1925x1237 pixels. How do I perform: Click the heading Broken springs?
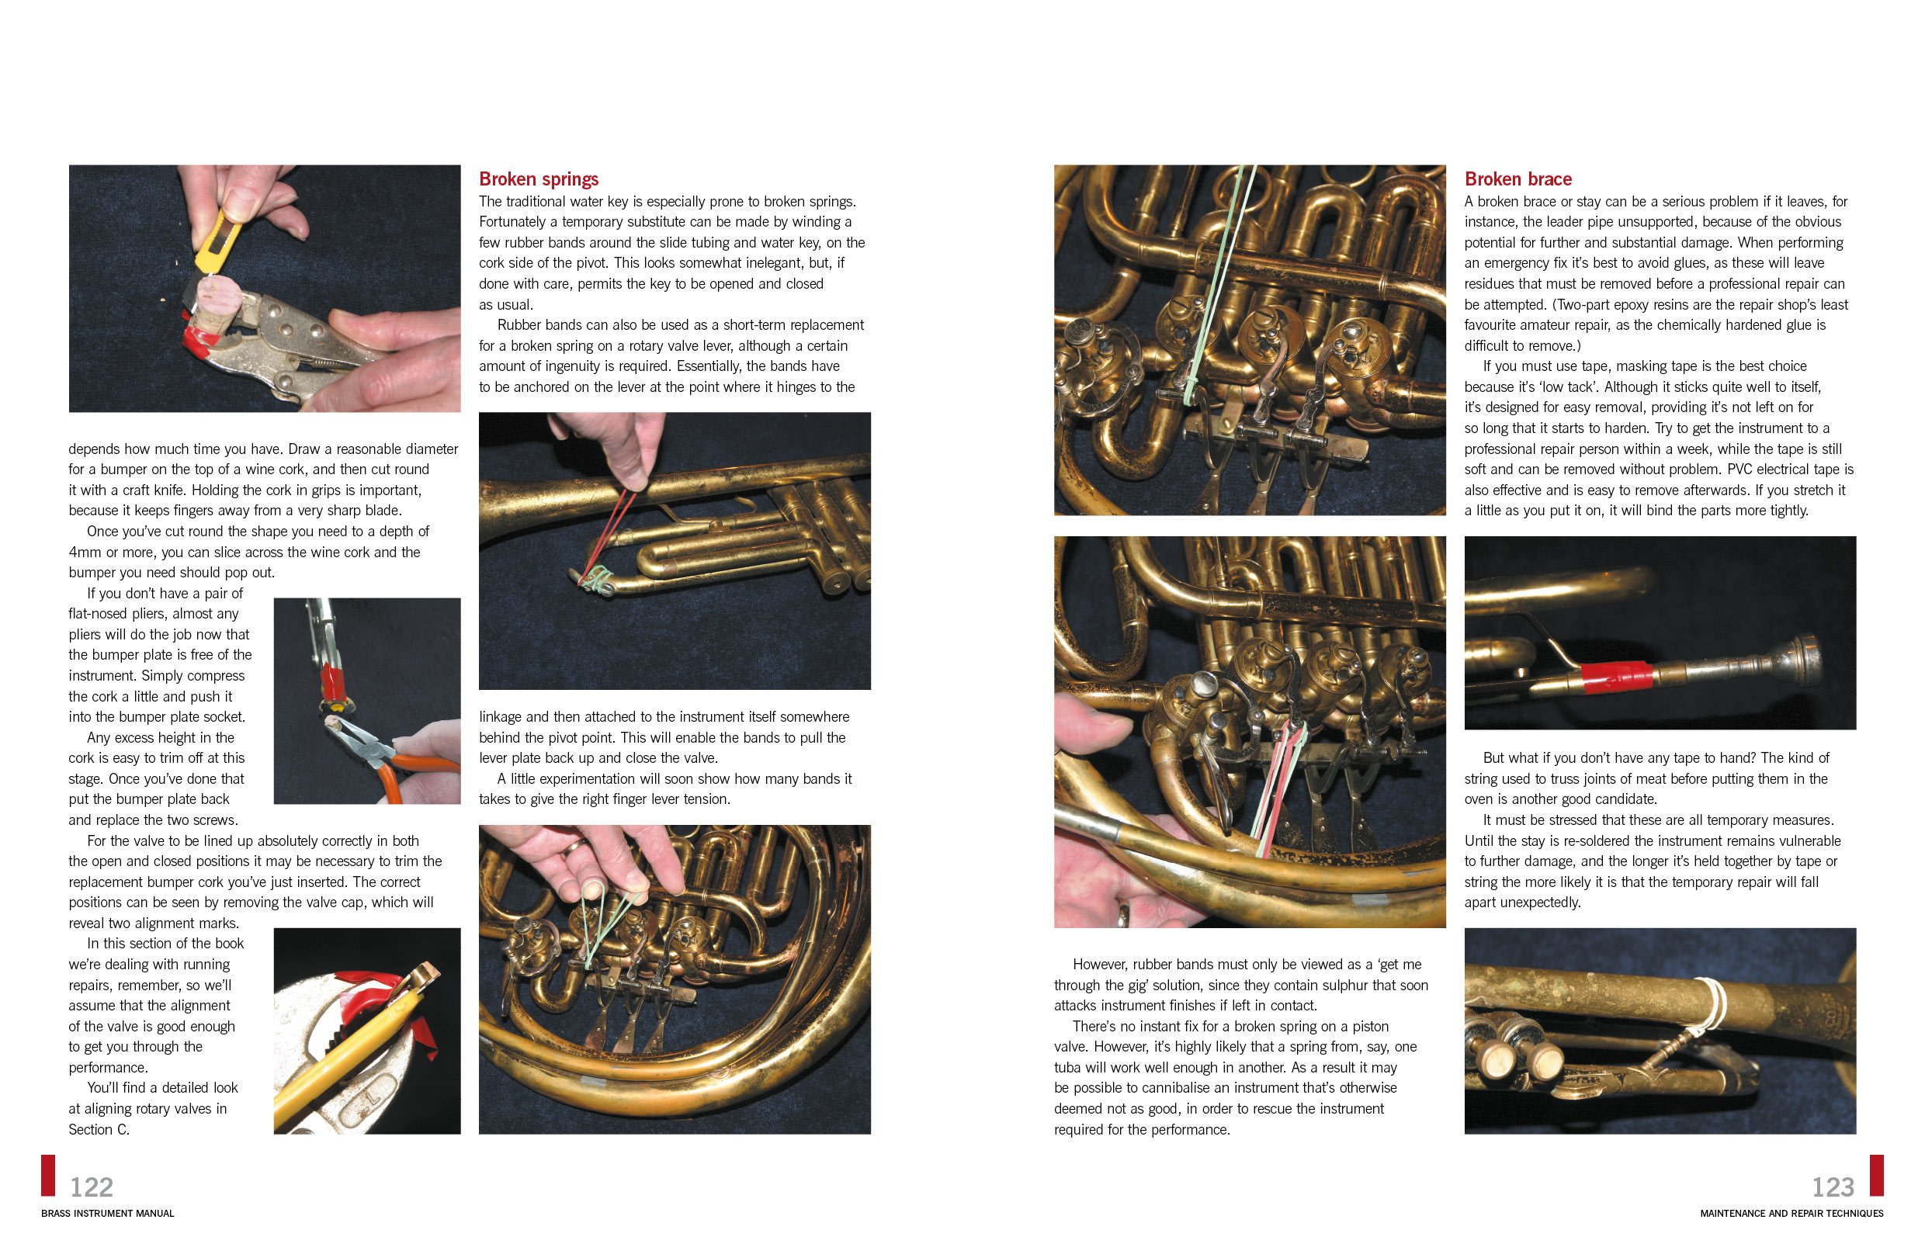538,178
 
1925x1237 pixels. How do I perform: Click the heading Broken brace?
1517,178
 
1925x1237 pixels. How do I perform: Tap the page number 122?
92,1187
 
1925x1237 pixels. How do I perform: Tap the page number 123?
1833,1187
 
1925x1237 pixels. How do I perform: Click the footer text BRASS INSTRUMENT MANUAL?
107,1213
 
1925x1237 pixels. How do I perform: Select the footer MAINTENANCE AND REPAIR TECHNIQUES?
1791,1213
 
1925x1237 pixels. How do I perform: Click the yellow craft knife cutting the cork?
210,241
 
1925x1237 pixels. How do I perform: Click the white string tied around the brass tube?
1712,1003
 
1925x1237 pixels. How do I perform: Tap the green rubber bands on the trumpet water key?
596,577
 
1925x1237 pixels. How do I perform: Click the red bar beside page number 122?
48,1175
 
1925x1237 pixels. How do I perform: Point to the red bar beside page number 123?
1876,1175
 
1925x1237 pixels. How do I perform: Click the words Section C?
99,1128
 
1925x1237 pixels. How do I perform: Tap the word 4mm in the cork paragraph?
85,552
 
